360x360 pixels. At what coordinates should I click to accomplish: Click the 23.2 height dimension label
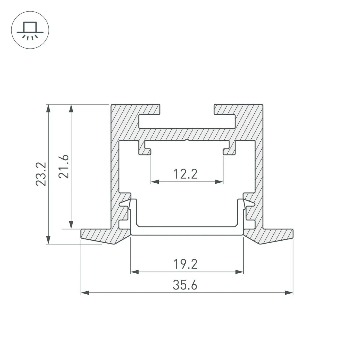click(x=40, y=174)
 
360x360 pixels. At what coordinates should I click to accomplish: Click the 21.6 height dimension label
click(x=64, y=166)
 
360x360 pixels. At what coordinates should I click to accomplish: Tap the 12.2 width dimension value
click(x=186, y=174)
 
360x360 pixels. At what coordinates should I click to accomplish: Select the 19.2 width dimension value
click(x=185, y=264)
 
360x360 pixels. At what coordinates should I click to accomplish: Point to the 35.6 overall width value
click(x=185, y=285)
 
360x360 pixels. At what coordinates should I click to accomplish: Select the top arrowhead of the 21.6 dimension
click(x=71, y=108)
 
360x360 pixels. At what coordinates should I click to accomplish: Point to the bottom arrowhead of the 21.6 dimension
click(x=71, y=225)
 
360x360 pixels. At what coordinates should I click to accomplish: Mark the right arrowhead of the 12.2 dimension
click(x=219, y=181)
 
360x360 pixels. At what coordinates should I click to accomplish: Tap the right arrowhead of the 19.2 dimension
click(x=239, y=272)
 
